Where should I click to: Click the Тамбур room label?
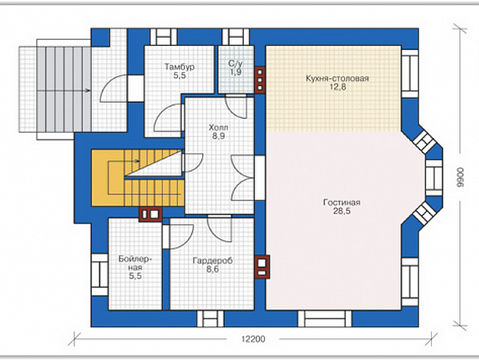click(179, 67)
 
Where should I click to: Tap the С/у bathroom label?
click(235, 64)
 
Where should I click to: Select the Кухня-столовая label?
click(337, 79)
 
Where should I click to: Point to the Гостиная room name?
click(341, 203)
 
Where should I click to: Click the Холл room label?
click(218, 127)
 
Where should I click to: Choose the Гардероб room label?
click(212, 261)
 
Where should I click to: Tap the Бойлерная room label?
click(135, 263)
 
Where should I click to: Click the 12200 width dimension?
click(253, 339)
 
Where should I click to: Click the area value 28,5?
click(341, 211)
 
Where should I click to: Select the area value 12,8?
click(338, 87)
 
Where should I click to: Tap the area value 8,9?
click(218, 136)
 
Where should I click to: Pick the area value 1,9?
click(236, 72)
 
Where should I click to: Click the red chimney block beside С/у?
click(260, 80)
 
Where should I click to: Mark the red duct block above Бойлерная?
click(150, 214)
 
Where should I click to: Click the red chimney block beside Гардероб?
click(262, 267)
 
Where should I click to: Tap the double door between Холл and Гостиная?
click(243, 178)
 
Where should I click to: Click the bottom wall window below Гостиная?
click(325, 318)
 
